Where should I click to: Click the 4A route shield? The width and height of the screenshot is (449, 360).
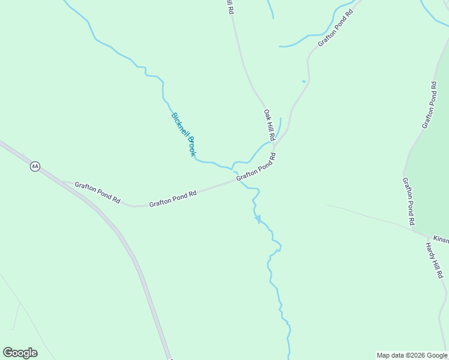(35, 167)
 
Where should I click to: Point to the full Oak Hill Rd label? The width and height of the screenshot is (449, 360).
(269, 125)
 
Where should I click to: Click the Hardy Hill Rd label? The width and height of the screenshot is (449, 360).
(433, 260)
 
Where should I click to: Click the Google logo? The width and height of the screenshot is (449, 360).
(20, 353)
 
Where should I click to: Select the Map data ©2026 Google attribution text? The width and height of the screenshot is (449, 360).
(412, 355)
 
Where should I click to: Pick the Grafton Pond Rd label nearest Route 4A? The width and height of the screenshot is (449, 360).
(97, 193)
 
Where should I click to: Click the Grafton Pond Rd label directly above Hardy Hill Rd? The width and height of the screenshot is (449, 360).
(409, 201)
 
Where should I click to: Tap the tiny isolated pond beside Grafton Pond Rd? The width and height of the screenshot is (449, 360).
(304, 81)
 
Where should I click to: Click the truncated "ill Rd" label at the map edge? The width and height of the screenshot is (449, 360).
(229, 7)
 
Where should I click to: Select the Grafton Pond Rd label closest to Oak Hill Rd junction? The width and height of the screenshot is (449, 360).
(256, 167)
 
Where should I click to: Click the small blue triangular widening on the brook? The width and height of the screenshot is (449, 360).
(258, 220)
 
